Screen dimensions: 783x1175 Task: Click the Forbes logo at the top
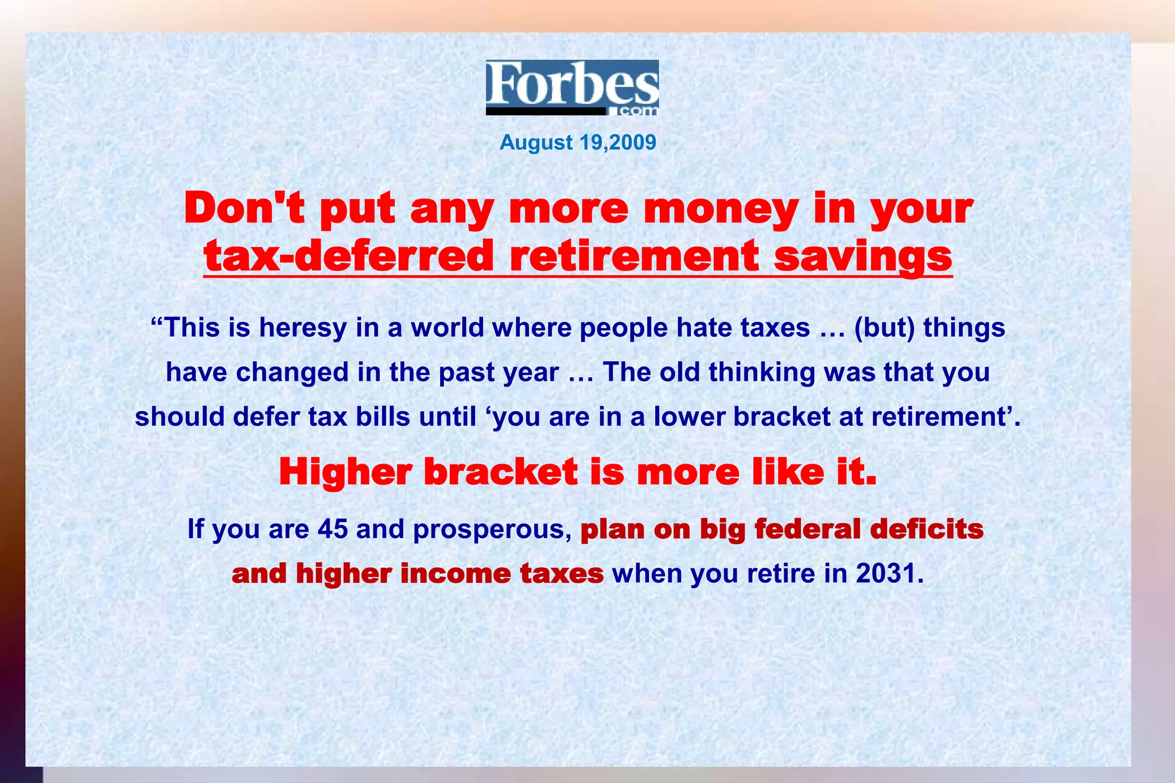point(572,87)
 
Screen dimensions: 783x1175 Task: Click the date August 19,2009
point(578,142)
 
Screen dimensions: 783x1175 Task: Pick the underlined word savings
point(863,257)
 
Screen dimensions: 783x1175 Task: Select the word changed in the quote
point(292,372)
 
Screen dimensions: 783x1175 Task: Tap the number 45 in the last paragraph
point(332,528)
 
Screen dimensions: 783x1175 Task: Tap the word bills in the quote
point(383,416)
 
